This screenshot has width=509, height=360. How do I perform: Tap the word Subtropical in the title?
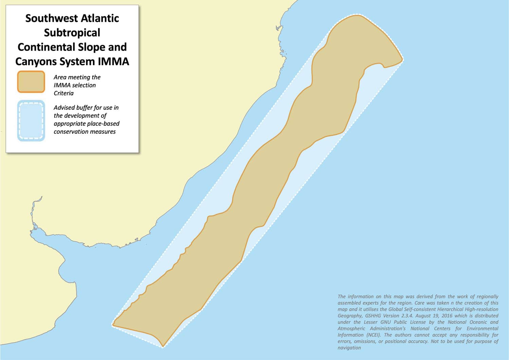pos(72,33)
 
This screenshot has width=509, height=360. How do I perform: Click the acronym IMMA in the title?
pos(114,61)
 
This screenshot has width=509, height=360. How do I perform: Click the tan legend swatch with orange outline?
pos(31,82)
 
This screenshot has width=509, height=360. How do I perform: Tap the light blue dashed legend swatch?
pos(31,121)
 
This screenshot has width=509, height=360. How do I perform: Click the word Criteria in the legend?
pos(63,93)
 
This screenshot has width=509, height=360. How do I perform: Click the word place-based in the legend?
pos(103,124)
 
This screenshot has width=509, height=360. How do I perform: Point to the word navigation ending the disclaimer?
pos(349,348)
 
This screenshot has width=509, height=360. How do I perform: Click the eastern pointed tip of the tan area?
pos(402,60)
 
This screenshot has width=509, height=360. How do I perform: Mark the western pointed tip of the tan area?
pos(113,325)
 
